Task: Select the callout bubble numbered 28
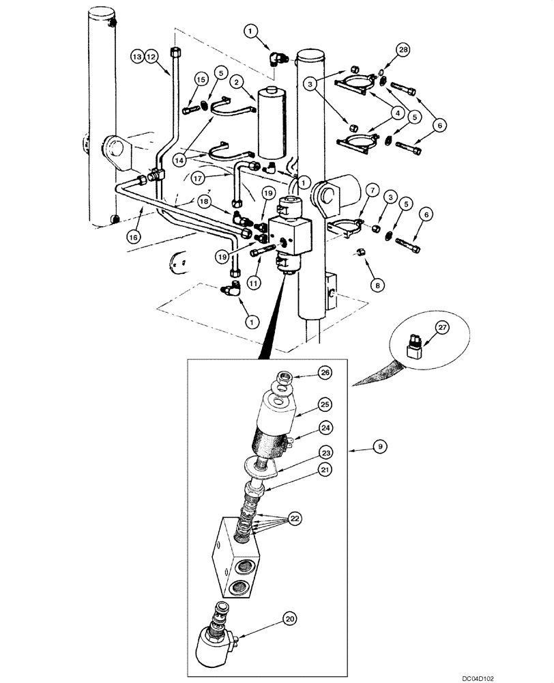403,50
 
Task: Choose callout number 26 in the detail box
325,372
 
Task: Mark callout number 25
325,404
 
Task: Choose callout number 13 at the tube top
136,57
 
